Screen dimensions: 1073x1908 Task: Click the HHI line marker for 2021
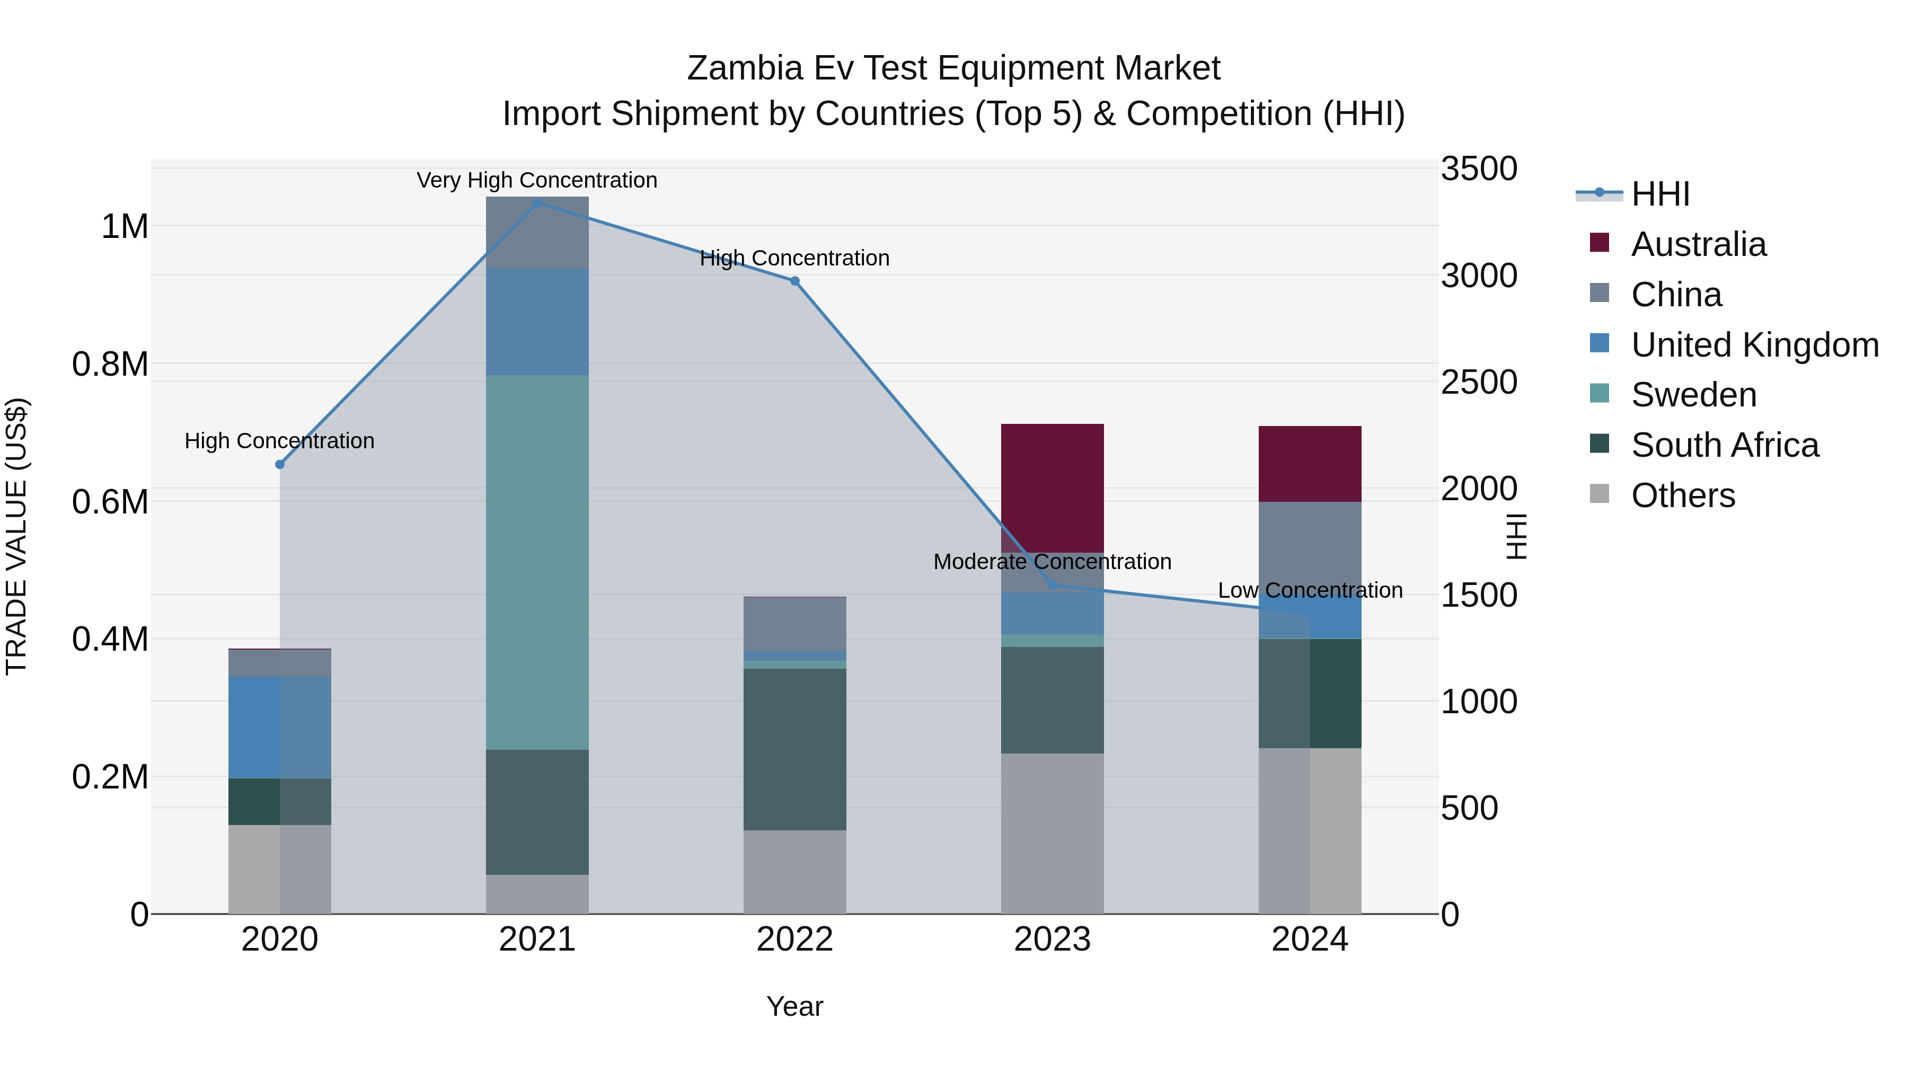(537, 203)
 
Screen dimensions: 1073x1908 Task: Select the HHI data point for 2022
(795, 281)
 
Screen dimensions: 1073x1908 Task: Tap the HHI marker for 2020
(280, 464)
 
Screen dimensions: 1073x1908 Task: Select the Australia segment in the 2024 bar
(1310, 464)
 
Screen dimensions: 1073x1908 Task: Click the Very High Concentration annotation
(537, 181)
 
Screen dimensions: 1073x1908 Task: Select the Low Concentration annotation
(1310, 591)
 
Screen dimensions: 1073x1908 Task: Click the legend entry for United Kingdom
(1754, 345)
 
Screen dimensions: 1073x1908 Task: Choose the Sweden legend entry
(1693, 395)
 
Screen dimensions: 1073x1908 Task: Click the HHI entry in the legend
(1660, 194)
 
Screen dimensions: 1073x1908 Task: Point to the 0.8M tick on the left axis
(110, 365)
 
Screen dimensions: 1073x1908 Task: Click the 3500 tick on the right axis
(1478, 169)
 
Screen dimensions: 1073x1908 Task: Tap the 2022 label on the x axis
(795, 939)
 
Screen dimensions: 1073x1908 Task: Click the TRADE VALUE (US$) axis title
(16, 536)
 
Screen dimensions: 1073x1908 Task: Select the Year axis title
(795, 1006)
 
